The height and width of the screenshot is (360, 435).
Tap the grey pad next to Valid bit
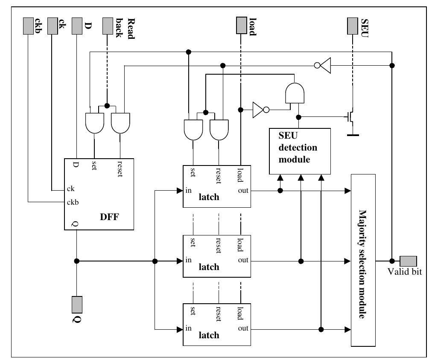tap(408, 260)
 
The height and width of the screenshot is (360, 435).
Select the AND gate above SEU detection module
tap(295, 93)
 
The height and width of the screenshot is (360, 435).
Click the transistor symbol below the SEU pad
tap(350, 116)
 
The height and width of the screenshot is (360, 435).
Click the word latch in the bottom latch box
tap(209, 335)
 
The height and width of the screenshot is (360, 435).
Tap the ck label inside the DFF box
tap(71, 189)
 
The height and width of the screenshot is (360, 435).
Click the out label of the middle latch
tap(243, 260)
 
